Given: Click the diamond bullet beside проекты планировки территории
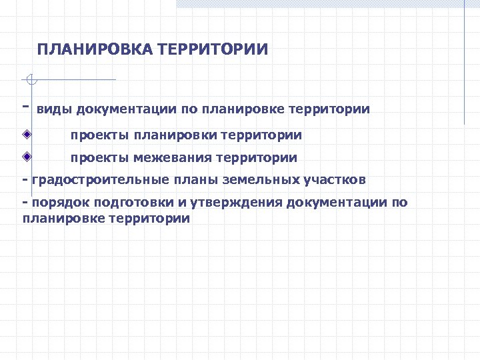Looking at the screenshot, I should [x=26, y=134].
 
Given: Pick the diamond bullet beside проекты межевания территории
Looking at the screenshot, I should [x=26, y=157].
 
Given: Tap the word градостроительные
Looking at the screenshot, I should [x=97, y=180].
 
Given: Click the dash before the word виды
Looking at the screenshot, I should [x=25, y=106].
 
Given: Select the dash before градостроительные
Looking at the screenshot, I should [x=25, y=180].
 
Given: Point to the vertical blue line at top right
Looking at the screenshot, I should [x=464, y=63].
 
